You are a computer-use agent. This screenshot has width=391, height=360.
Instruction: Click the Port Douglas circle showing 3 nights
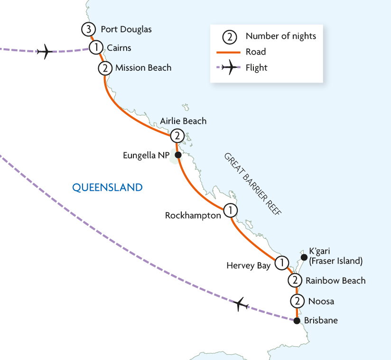[x=88, y=29]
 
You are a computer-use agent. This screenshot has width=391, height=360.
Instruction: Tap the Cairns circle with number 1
[x=96, y=47]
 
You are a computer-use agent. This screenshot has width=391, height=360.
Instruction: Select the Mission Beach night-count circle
[x=105, y=68]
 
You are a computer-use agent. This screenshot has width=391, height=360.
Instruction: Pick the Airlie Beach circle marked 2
[x=177, y=136]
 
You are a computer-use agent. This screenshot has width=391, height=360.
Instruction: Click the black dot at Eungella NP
[x=178, y=155]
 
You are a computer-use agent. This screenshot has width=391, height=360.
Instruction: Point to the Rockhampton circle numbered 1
[x=230, y=211]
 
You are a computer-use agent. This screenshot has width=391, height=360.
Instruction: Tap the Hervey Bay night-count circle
[x=282, y=263]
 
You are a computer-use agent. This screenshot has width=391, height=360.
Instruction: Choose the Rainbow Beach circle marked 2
[x=295, y=280]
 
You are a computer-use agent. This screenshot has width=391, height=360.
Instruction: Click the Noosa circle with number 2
[x=297, y=301]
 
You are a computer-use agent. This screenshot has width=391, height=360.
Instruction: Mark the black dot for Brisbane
[x=297, y=321]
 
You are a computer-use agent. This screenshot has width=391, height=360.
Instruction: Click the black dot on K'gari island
[x=304, y=257]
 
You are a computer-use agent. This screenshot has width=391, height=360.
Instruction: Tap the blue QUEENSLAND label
[x=107, y=187]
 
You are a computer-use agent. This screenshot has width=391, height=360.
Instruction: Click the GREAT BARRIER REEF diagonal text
[x=253, y=184]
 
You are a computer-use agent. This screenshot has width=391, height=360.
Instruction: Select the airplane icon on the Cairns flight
[x=45, y=52]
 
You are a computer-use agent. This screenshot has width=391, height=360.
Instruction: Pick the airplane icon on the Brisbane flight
[x=241, y=304]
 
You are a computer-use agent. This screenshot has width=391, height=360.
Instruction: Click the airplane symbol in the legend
[x=230, y=67]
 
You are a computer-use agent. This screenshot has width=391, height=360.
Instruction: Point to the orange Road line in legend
[x=228, y=52]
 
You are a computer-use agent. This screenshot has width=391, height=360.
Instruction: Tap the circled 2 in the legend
[x=229, y=37]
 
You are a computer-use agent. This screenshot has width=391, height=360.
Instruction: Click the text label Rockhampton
[x=193, y=215]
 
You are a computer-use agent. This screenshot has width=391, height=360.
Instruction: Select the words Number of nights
[x=281, y=36]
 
